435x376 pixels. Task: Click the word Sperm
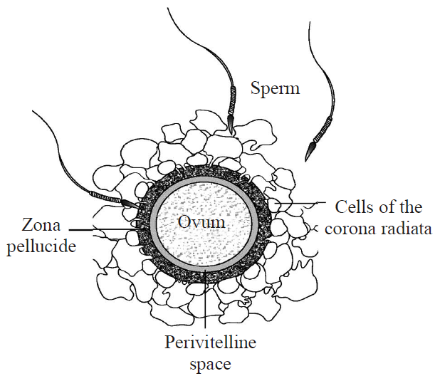point(276,89)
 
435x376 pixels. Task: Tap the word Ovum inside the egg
point(201,222)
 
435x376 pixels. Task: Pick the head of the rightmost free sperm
point(310,150)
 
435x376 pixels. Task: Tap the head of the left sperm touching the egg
point(128,203)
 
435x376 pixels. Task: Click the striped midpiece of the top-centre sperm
point(232,103)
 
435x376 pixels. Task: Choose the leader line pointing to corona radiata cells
point(299,207)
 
